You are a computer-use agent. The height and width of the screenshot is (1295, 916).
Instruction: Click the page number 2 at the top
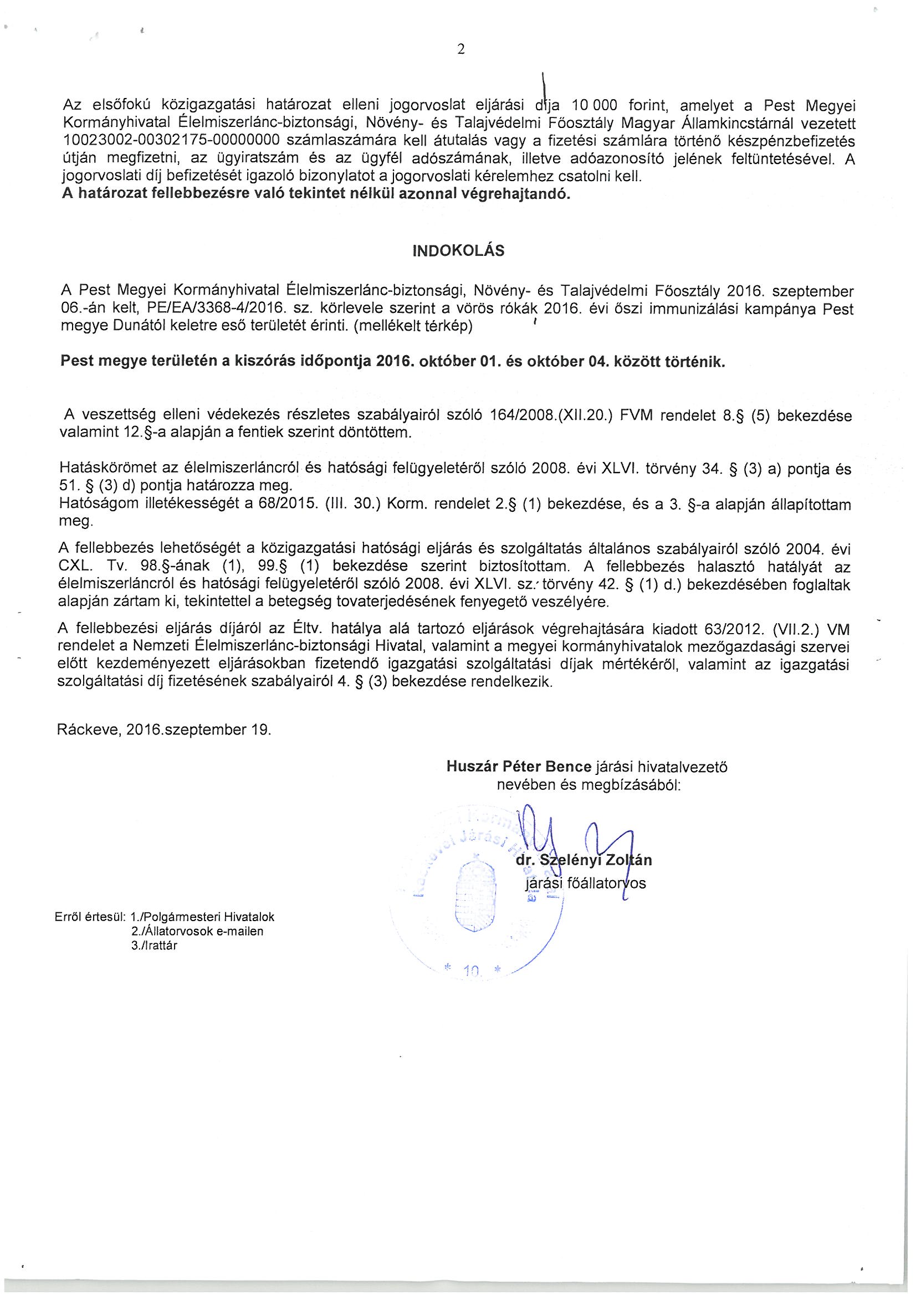point(460,50)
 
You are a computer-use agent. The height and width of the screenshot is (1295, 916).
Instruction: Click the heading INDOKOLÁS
point(458,251)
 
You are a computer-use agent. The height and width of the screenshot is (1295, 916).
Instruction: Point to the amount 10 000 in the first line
point(594,105)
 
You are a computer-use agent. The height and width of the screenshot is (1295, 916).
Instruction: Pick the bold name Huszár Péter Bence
point(518,767)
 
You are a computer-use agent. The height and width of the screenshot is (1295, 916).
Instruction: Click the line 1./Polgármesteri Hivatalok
point(202,917)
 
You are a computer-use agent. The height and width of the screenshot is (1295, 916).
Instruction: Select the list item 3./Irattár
point(154,947)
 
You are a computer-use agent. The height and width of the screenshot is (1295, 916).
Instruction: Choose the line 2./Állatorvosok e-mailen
point(197,932)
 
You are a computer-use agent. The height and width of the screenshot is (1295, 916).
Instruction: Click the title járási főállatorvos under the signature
point(585,883)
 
